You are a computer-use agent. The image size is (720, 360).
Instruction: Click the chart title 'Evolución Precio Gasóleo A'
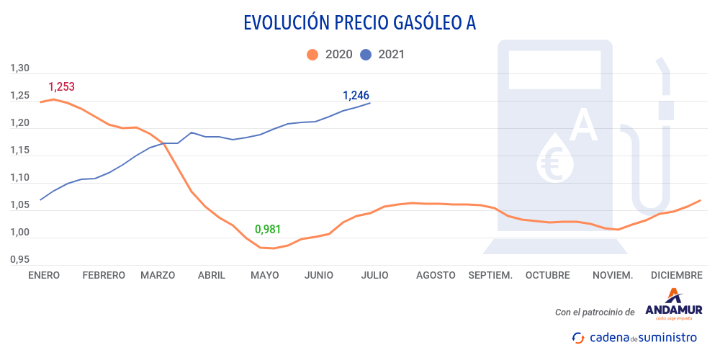point(360,23)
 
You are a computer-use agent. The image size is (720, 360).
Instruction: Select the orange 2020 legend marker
point(312,54)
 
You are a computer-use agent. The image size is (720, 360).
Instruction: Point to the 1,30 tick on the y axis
point(19,68)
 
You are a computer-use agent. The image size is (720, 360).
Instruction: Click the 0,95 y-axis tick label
point(19,259)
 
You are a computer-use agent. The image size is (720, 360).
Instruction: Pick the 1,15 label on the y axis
point(19,150)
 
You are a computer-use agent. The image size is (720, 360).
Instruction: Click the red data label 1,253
point(61,87)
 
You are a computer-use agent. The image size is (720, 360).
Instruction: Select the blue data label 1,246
point(356,95)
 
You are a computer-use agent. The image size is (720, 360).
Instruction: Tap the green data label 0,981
point(268,230)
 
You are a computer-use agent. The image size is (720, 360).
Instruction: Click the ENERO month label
point(44,275)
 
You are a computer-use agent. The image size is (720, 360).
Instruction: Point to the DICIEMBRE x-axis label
point(676,275)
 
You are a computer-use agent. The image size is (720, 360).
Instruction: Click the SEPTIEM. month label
point(490,275)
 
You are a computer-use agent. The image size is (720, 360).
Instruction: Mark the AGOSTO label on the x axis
point(436,275)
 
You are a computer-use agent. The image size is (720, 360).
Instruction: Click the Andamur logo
point(673,305)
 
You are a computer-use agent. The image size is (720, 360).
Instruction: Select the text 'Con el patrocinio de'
point(595,312)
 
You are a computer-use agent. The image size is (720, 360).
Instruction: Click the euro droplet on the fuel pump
point(555,158)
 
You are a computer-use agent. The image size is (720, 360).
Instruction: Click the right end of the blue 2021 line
point(370,103)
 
